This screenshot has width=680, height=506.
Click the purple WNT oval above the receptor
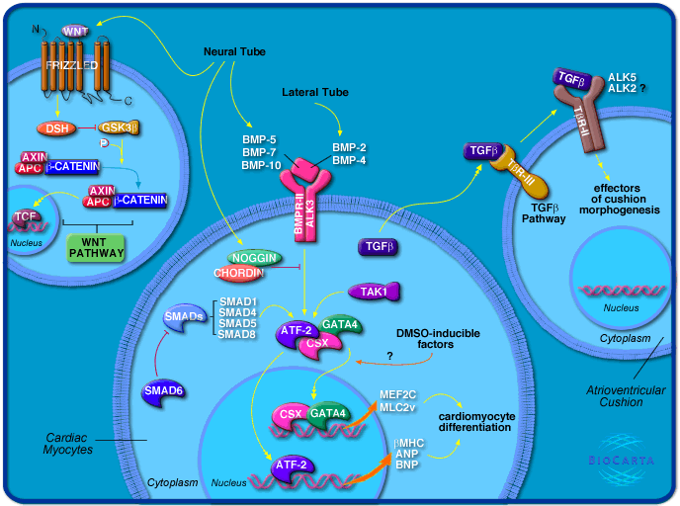(x=75, y=32)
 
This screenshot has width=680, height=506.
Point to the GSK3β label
(x=120, y=128)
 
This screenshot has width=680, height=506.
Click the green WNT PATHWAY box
(x=96, y=247)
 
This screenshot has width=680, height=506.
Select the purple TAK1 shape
(x=378, y=291)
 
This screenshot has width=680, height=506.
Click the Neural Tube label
(x=231, y=49)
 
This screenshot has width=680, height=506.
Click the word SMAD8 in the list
(x=237, y=335)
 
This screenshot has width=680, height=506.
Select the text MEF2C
(x=397, y=395)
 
